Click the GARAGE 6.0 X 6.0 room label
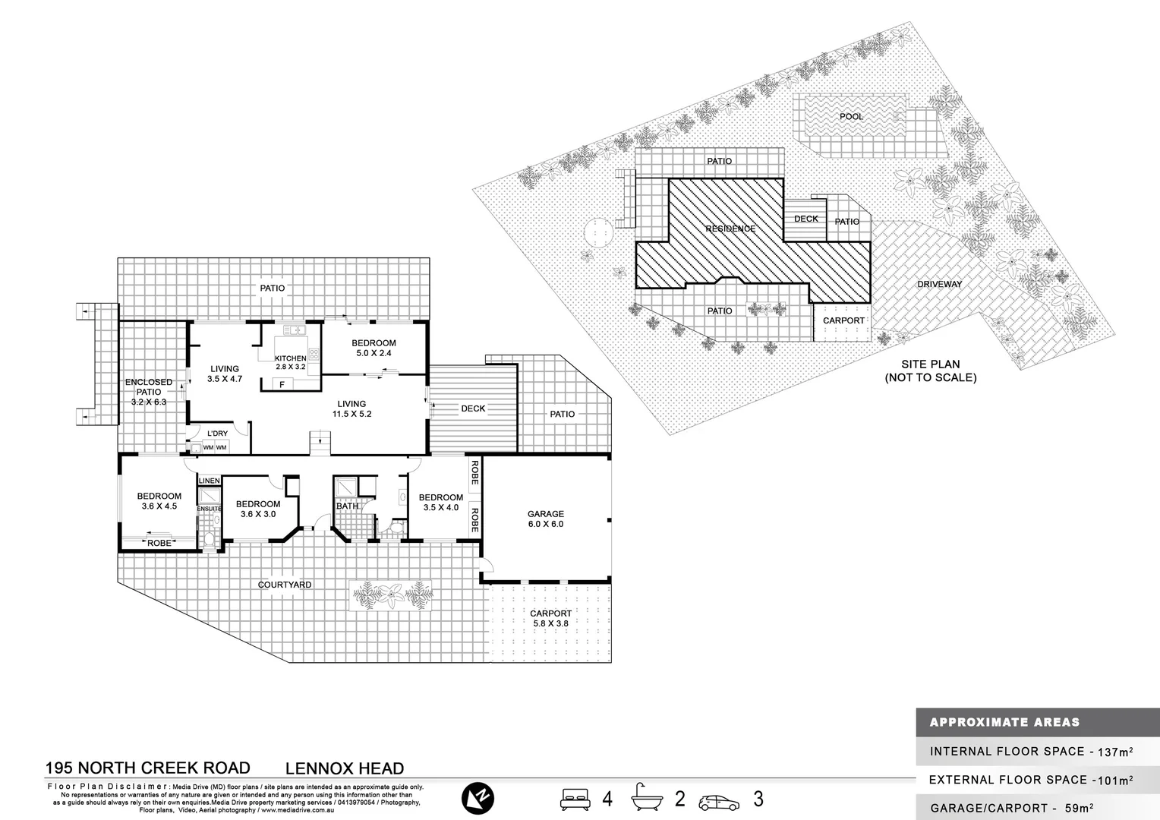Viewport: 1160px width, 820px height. [545, 519]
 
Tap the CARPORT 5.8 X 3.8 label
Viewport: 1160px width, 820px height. [550, 618]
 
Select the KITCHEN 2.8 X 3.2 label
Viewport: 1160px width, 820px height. [290, 362]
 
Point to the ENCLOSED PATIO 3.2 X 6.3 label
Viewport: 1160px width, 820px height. [149, 392]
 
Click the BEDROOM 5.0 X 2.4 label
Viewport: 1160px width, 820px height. [374, 348]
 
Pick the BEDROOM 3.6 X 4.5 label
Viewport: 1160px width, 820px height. [159, 501]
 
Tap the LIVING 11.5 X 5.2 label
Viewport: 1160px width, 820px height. [351, 409]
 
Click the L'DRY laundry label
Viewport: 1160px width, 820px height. [217, 434]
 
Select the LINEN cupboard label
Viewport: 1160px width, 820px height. [209, 481]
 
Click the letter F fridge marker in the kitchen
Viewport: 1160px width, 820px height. [282, 385]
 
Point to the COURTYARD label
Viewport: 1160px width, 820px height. [285, 585]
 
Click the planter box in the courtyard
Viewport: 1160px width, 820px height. [390, 594]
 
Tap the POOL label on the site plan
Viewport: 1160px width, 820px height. [851, 117]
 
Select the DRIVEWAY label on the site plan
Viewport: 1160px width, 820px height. [939, 284]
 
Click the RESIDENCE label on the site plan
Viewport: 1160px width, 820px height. [730, 229]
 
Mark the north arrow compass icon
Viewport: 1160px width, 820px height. [478, 798]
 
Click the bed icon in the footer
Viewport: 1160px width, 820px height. [575, 799]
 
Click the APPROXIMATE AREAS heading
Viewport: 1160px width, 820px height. [1004, 722]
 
